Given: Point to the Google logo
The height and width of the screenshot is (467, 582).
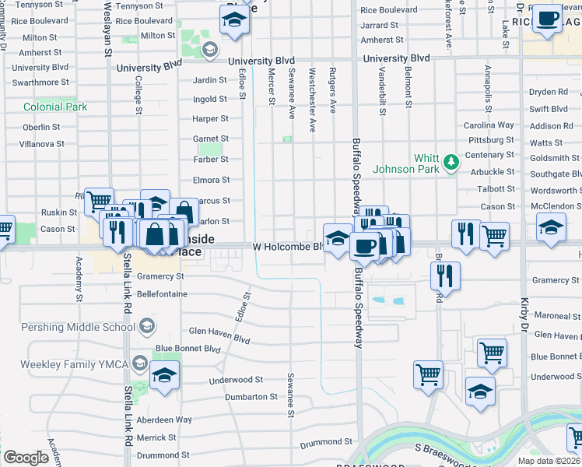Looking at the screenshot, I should [26, 458].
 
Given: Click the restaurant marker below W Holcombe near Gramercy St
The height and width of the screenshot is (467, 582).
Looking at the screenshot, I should [444, 276].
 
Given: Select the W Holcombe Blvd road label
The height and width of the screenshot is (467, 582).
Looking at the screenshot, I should [287, 246].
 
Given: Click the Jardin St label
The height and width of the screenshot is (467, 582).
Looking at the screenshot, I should [210, 79].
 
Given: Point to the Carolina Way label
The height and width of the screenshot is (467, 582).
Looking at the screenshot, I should [489, 125].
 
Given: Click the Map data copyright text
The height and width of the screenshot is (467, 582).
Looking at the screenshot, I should [549, 461].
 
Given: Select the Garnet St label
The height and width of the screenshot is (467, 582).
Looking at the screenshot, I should [211, 139].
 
